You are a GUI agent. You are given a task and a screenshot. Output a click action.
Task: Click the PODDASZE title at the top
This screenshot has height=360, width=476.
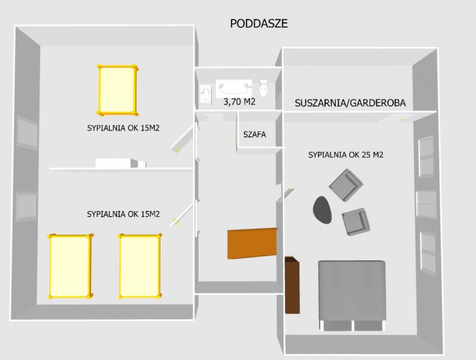[259, 24]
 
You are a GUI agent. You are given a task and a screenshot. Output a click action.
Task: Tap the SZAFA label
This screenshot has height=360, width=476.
[254, 134]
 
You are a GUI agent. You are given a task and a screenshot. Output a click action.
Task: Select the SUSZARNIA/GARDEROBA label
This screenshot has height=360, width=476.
[350, 103]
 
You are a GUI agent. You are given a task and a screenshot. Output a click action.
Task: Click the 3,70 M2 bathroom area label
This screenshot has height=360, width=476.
[239, 102]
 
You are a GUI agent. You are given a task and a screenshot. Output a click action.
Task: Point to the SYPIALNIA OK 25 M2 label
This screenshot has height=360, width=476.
[345, 155]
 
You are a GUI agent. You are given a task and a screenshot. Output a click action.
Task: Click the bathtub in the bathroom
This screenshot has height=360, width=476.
[234, 88]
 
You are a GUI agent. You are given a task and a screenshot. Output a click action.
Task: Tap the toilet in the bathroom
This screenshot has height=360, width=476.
[263, 88]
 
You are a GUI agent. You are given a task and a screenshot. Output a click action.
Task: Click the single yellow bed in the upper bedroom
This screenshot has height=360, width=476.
[117, 90]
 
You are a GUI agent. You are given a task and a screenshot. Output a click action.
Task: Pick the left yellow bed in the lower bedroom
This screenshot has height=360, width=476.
[70, 266]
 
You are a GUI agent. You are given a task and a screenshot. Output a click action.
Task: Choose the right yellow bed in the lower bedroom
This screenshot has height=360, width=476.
[140, 266]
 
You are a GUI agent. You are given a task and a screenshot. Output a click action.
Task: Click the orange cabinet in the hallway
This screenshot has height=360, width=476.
[252, 243]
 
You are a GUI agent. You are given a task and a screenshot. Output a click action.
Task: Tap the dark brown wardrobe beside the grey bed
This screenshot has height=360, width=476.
[292, 285]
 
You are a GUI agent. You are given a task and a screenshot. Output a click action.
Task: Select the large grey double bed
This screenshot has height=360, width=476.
[352, 295]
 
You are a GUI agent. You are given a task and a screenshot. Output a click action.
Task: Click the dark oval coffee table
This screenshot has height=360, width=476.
[322, 210]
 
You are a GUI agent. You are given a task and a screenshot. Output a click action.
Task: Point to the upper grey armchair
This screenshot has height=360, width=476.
[345, 185]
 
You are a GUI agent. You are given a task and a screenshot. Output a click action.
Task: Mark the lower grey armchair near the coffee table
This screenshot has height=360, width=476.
[356, 221]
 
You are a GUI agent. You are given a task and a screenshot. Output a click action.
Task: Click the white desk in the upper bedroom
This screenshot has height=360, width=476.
[121, 163]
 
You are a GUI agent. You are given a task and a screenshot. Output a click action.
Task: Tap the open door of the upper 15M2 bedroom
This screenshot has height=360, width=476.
[182, 139]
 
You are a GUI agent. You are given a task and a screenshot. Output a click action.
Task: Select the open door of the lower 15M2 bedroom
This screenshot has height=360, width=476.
[181, 215]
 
